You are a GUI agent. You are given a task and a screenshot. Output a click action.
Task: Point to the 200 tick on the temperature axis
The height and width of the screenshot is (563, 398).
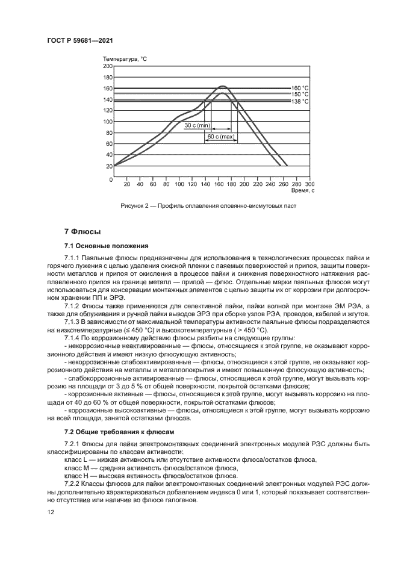(108, 66)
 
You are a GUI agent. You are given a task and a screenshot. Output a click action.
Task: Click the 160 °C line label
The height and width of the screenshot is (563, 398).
(300, 88)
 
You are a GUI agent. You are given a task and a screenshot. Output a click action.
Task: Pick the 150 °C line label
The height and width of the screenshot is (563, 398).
(300, 95)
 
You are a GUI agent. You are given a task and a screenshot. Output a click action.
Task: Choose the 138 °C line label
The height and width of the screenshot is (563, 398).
(300, 102)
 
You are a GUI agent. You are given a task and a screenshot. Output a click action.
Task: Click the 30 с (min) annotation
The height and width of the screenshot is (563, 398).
(197, 125)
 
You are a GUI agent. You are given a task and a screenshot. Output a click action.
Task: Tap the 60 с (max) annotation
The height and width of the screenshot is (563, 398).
(220, 137)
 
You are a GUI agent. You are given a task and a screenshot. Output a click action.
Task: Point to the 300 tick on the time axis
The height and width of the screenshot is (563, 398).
(309, 184)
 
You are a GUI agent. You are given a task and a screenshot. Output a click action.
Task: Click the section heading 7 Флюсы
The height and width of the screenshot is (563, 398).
(82, 232)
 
